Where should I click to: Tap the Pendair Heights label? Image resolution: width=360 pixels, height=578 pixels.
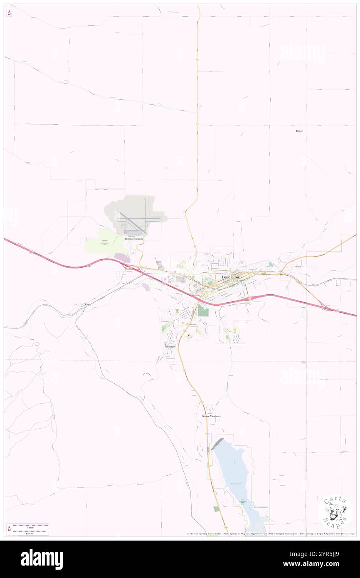(x=133, y=239)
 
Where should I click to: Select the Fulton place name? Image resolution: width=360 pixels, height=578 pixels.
(x=299, y=131)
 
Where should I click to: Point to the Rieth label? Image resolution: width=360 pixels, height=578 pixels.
(x=88, y=305)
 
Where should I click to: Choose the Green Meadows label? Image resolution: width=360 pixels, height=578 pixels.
(x=211, y=416)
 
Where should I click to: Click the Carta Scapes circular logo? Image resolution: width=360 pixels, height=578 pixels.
(x=335, y=511)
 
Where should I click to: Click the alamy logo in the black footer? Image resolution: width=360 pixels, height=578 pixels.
(x=42, y=559)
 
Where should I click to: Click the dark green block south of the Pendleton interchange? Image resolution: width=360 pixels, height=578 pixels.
(x=203, y=310)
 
